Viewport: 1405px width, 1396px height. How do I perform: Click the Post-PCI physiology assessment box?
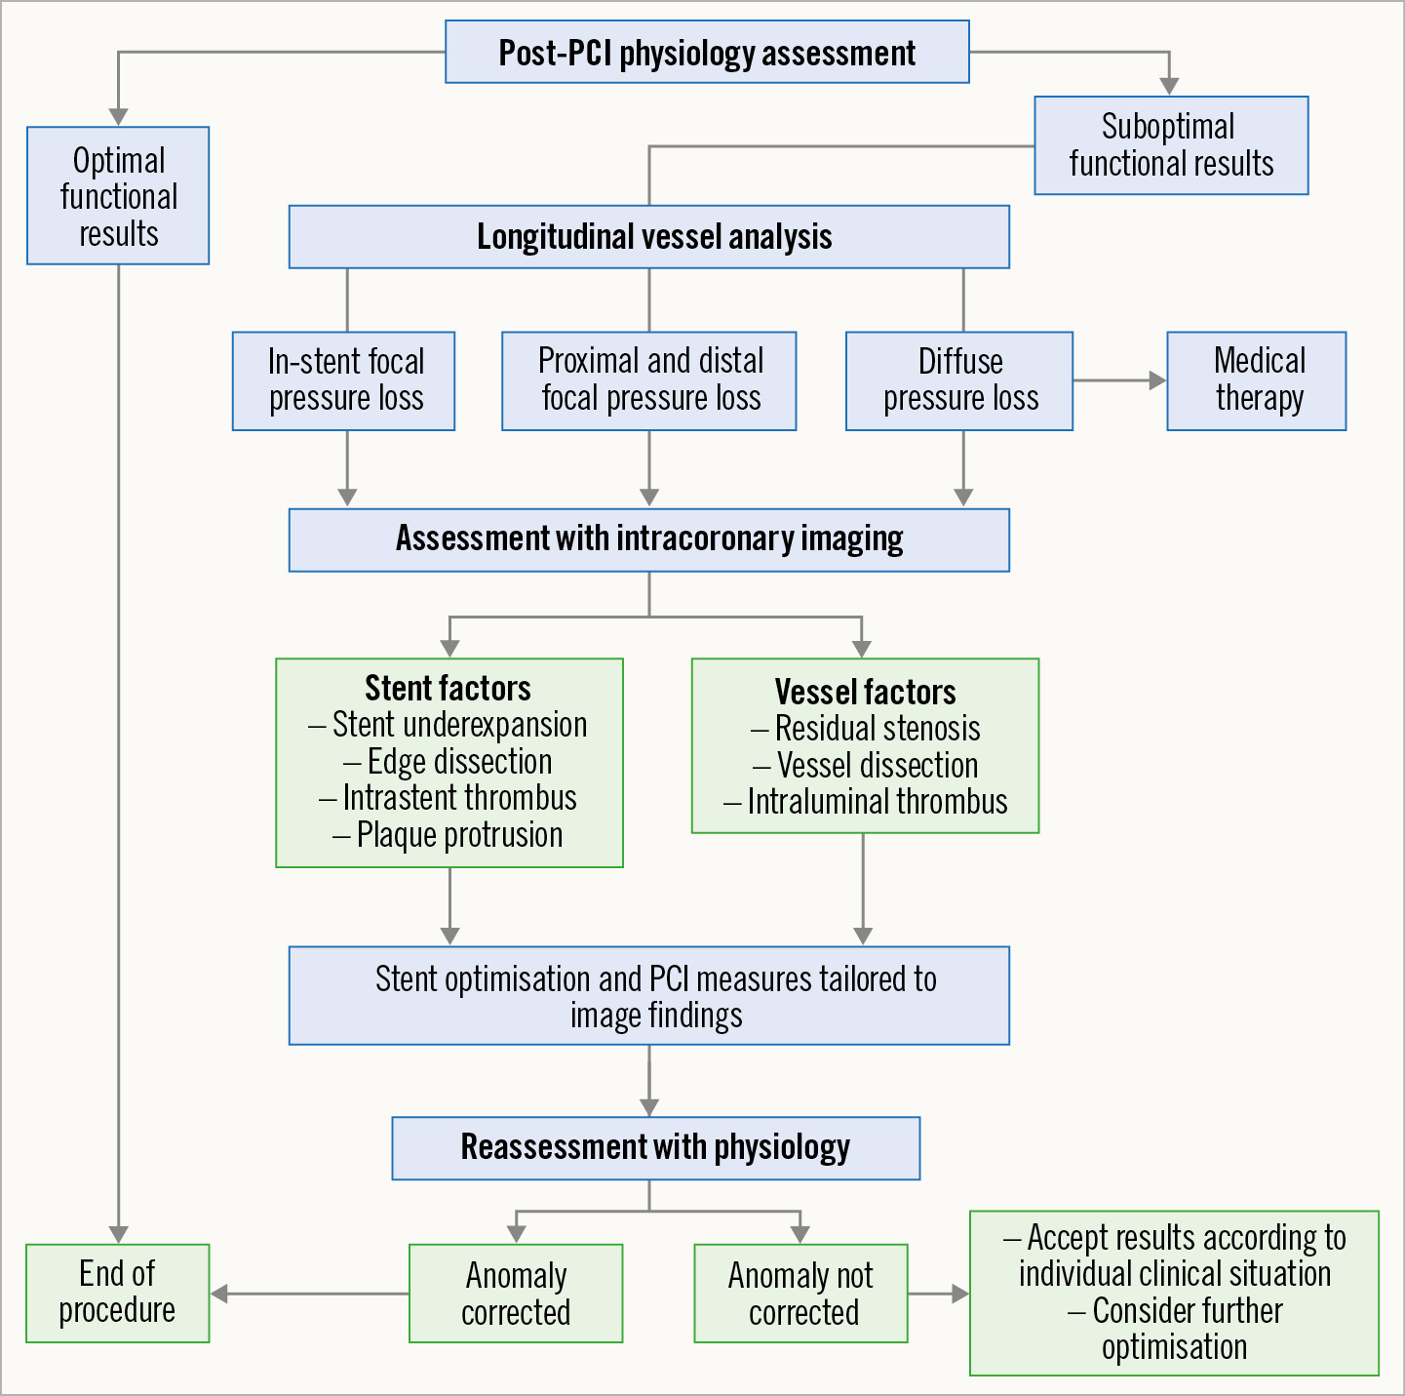(x=707, y=52)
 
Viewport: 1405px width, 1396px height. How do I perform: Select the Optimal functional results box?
(x=118, y=195)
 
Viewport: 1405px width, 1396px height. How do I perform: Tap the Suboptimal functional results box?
(x=1171, y=145)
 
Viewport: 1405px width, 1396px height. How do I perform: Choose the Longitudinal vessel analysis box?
(x=649, y=236)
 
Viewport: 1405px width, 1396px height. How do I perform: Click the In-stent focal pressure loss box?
(x=343, y=380)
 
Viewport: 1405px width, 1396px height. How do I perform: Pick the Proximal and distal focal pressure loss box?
(x=649, y=380)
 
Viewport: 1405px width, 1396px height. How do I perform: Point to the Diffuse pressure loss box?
(x=958, y=380)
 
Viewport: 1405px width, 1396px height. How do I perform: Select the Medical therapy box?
(x=1256, y=380)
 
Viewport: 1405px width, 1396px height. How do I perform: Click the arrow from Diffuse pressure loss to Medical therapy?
(x=1120, y=380)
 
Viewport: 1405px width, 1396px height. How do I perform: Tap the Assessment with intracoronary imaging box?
(x=649, y=540)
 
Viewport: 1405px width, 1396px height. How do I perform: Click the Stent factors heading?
(x=448, y=688)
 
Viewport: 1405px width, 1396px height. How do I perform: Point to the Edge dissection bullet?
(x=448, y=761)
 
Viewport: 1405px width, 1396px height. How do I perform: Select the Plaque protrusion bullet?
(x=448, y=834)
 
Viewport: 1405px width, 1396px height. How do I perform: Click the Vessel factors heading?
(x=865, y=692)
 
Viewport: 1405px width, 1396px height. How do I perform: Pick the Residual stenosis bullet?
(x=865, y=728)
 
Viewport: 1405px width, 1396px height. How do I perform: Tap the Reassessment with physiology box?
(x=655, y=1148)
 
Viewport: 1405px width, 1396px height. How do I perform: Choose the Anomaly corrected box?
(x=516, y=1294)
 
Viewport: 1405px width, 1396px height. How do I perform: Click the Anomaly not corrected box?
(x=800, y=1294)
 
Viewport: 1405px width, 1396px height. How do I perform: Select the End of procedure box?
(x=117, y=1294)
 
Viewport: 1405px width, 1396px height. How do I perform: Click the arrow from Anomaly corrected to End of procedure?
(x=310, y=1294)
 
